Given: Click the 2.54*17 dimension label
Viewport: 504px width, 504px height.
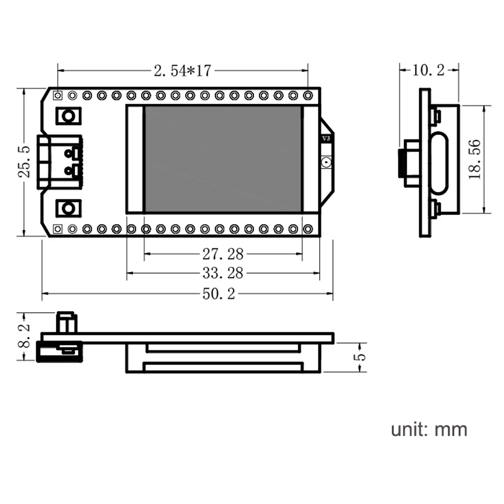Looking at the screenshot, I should click(182, 71).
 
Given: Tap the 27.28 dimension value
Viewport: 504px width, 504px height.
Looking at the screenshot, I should click(223, 252).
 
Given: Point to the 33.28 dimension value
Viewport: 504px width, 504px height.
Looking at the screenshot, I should click(223, 273).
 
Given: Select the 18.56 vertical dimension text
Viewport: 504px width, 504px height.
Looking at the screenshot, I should click(475, 159).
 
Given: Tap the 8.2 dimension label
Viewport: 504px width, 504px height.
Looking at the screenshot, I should click(24, 336).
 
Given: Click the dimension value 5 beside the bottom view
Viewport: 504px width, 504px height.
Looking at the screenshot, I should click(359, 357).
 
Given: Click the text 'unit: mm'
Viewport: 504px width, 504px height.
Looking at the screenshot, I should click(429, 429).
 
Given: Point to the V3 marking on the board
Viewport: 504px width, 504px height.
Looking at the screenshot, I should click(326, 138).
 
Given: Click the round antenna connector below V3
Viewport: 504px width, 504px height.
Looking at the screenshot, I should click(326, 162).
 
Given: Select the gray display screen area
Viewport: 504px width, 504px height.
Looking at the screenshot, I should click(223, 159).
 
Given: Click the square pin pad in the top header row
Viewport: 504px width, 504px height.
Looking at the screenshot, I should click(58, 95).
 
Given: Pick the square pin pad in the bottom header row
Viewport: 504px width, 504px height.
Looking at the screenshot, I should click(58, 229).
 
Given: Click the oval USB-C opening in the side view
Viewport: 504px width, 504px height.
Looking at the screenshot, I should click(440, 163).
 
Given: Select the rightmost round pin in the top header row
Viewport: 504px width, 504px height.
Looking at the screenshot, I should click(308, 95).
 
